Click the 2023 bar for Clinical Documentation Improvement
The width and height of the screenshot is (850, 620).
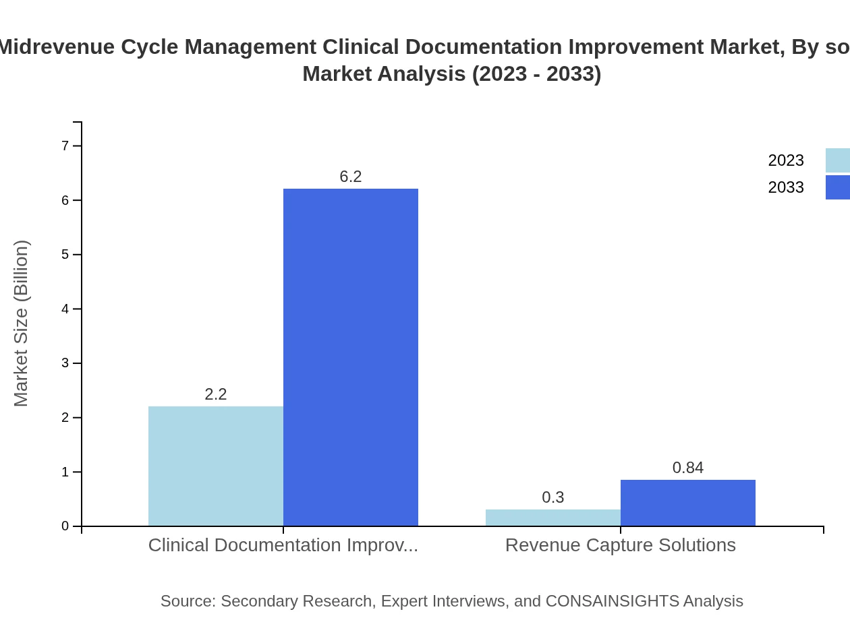[x=216, y=466]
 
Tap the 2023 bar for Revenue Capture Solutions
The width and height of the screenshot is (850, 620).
[x=553, y=518]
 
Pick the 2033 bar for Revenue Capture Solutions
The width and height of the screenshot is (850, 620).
[x=688, y=503]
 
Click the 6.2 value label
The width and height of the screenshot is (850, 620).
[x=351, y=177]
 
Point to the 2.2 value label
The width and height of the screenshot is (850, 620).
[x=216, y=394]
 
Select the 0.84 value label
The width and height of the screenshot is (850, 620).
[x=688, y=468]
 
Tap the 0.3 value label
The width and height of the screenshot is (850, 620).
[x=553, y=497]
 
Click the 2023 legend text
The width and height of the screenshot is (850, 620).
[x=786, y=160]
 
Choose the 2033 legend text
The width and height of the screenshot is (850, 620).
[x=786, y=187]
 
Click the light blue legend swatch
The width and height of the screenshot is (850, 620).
[x=838, y=160]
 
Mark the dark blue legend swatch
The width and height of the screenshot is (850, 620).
[x=838, y=187]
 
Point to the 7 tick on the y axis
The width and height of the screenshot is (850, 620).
[x=65, y=146]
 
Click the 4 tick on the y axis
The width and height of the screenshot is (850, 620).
[x=65, y=309]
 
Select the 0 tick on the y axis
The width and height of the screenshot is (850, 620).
[x=65, y=526]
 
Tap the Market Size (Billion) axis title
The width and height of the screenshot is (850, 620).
[x=22, y=323]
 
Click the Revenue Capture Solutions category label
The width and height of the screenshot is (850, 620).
[x=621, y=545]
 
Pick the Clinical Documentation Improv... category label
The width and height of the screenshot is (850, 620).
[x=283, y=545]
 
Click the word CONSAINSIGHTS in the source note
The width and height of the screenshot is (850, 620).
[x=612, y=601]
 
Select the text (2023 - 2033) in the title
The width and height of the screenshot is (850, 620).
[x=536, y=73]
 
